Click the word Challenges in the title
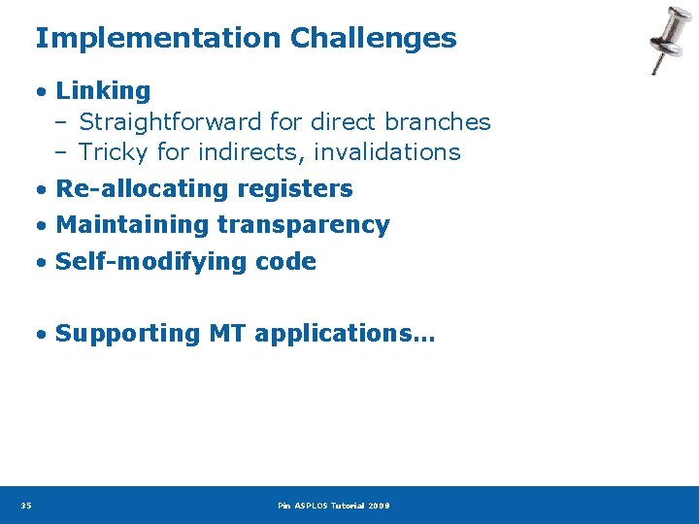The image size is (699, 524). (x=373, y=39)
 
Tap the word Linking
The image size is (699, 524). (x=103, y=91)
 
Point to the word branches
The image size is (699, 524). (x=438, y=122)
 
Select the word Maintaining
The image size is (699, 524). (x=133, y=225)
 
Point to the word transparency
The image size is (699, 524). (x=304, y=225)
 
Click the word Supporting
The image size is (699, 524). (x=128, y=334)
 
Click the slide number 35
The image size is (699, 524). (x=25, y=506)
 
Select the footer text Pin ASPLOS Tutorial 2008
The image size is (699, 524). (x=333, y=506)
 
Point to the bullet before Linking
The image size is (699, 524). (x=42, y=92)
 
